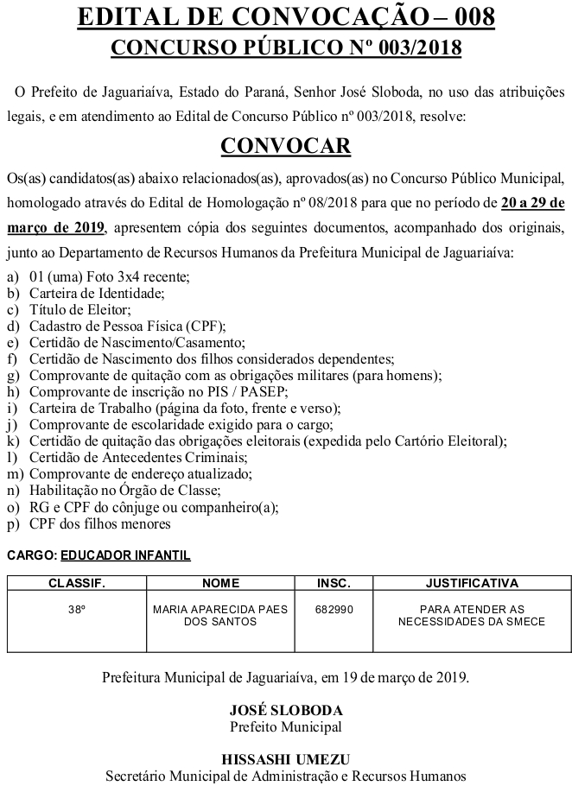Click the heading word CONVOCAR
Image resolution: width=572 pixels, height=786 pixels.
point(286,145)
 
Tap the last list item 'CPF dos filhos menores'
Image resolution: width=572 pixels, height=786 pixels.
point(100,523)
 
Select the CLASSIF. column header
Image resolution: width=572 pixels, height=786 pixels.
point(77,583)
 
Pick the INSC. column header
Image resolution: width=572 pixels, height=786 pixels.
point(334,583)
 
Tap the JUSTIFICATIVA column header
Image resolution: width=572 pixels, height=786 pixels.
point(472,583)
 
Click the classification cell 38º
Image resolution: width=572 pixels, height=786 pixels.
point(77,609)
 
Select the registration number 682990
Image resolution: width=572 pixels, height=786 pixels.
point(334,609)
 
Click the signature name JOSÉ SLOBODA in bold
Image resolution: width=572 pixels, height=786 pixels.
point(286,710)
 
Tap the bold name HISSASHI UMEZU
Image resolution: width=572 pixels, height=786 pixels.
point(286,759)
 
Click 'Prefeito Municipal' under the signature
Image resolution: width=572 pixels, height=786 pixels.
point(286,726)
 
